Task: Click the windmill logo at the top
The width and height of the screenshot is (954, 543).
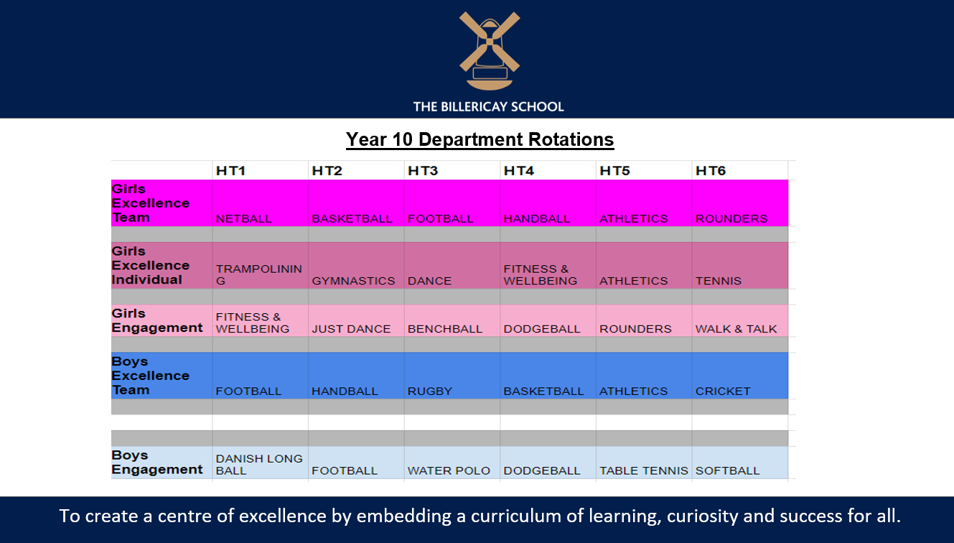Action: (x=490, y=51)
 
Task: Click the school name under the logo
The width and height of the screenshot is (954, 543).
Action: (x=489, y=106)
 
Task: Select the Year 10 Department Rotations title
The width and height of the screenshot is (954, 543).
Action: (x=480, y=139)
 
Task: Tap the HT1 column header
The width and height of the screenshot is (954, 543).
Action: (x=231, y=171)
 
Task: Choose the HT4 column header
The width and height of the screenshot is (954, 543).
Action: (x=519, y=171)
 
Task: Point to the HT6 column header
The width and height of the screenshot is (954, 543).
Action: (x=711, y=171)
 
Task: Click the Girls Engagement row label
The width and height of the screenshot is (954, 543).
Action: (x=156, y=320)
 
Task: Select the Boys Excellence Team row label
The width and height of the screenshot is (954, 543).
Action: (x=150, y=376)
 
